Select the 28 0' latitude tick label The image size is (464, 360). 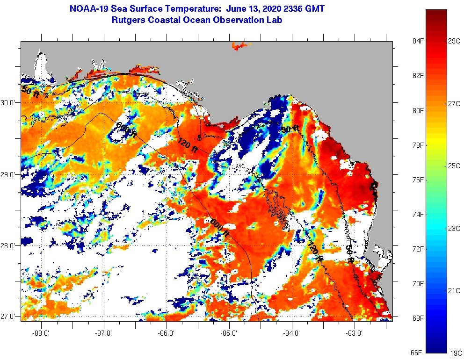click(x=8, y=245)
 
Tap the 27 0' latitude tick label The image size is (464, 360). click(x=8, y=316)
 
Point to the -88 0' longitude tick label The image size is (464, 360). click(x=41, y=333)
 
